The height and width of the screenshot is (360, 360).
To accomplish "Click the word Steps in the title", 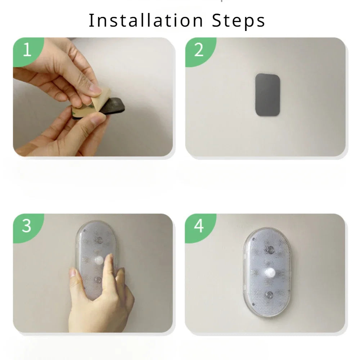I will click(238, 21).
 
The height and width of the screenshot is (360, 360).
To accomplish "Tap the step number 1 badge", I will click(27, 51).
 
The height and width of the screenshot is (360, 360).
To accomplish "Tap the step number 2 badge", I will click(199, 51).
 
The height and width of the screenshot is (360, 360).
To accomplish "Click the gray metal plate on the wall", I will click(267, 95).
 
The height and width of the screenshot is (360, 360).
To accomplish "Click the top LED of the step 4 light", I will click(270, 249).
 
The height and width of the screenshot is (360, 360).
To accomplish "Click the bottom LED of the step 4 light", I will click(269, 295).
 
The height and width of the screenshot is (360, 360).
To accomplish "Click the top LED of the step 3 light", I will click(97, 239).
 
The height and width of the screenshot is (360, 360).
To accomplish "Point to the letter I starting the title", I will click(91, 21).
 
